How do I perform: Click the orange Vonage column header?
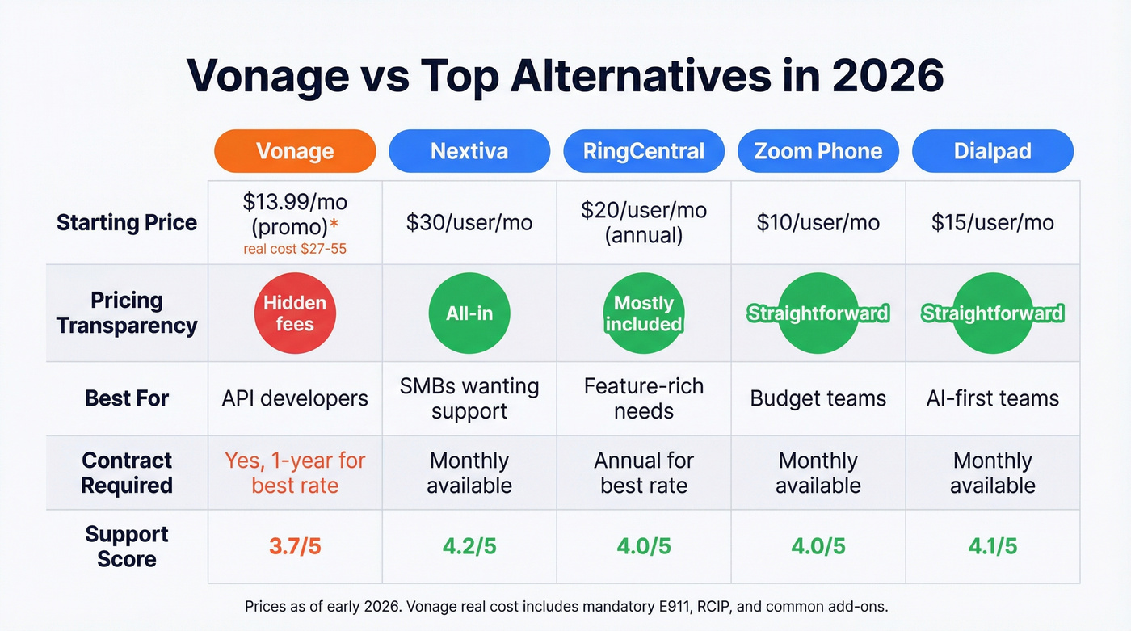click(x=295, y=151)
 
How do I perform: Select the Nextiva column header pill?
click(x=469, y=151)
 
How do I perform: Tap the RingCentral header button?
click(x=644, y=151)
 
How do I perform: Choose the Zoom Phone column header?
click(x=818, y=151)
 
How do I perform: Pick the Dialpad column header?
click(x=992, y=151)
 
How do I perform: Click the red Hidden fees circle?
click(x=295, y=313)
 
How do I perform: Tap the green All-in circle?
click(x=469, y=313)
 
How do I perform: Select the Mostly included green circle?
click(x=644, y=313)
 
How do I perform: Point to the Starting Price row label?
click(x=127, y=223)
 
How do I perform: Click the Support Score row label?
click(x=127, y=546)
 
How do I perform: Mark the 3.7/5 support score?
click(x=295, y=546)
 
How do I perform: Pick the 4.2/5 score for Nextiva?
click(x=469, y=546)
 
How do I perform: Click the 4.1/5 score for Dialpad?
click(x=992, y=546)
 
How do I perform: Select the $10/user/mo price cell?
click(x=818, y=223)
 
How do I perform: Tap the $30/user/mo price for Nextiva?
click(x=469, y=223)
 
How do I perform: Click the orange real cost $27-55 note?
click(x=295, y=249)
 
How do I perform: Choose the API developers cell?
click(x=295, y=398)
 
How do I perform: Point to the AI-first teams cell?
click(x=992, y=398)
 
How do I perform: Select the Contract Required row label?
click(x=127, y=473)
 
